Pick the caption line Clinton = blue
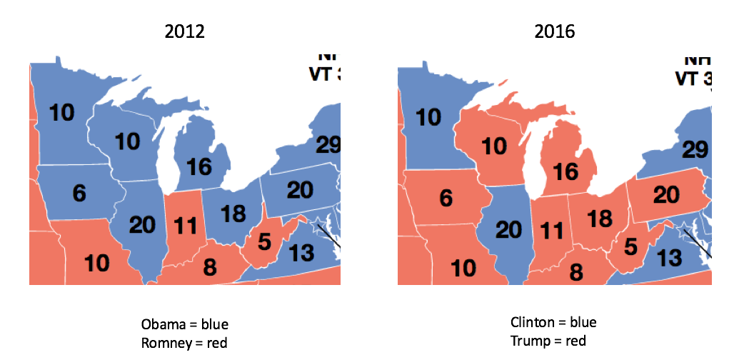pos(553,322)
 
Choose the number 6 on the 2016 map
pos(446,197)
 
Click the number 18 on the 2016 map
pos(600,219)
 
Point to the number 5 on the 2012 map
pos(264,242)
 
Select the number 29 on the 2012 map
pos(328,146)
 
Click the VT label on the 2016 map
pos(688,78)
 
